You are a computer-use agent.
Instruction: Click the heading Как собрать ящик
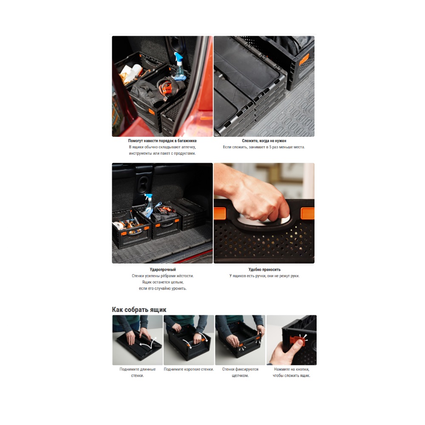pos(139,310)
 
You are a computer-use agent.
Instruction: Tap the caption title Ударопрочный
pos(163,269)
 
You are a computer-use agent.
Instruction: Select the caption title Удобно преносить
pos(264,269)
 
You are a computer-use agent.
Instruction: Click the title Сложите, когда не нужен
pos(264,141)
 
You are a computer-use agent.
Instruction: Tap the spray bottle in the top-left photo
pos(179,67)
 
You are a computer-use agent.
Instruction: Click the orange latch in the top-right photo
pos(304,59)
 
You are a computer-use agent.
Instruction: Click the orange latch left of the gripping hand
pos(220,213)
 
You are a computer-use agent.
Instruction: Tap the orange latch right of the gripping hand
pos(308,213)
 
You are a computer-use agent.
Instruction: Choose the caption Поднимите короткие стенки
pos(189,369)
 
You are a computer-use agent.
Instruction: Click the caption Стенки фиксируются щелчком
pos(240,372)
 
